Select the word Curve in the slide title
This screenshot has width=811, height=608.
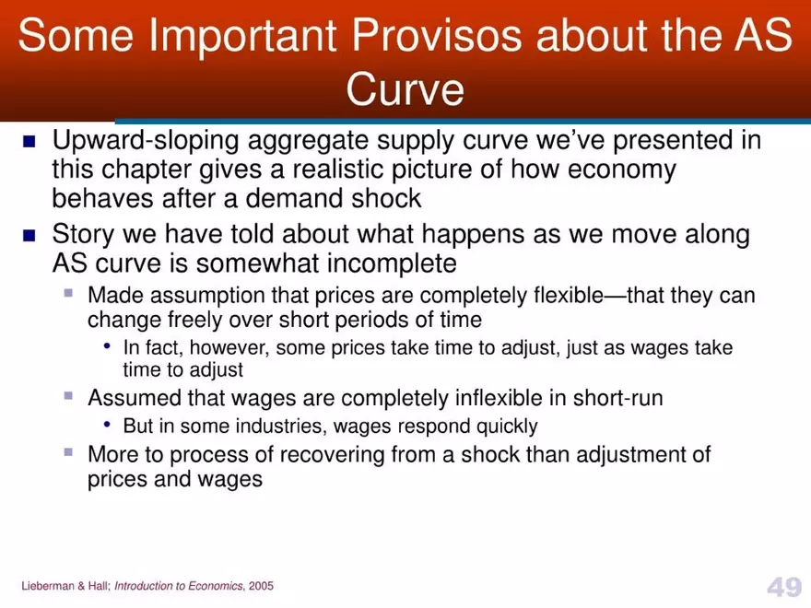[x=405, y=89]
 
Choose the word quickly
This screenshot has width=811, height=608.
[x=507, y=427]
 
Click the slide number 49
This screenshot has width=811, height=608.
[x=783, y=587]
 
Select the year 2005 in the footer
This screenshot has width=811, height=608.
[x=260, y=587]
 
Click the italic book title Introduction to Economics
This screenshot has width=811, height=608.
[x=179, y=587]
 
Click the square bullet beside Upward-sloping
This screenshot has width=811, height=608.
[x=29, y=142]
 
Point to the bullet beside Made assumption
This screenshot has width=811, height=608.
[x=68, y=294]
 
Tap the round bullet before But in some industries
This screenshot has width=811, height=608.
[x=108, y=425]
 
